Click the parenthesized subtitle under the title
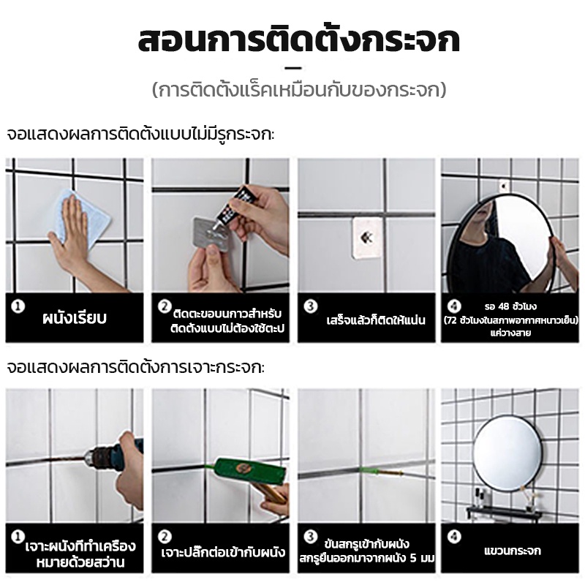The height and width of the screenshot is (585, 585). (299, 90)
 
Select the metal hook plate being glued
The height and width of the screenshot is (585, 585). (211, 234)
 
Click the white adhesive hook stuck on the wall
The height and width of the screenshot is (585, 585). (367, 237)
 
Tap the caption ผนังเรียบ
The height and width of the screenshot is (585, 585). (75, 318)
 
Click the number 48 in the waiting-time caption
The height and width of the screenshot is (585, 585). (503, 306)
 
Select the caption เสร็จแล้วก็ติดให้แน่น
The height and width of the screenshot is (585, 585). (376, 320)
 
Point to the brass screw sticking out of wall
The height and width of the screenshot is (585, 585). (390, 472)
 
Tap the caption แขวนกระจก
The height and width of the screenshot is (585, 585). (513, 551)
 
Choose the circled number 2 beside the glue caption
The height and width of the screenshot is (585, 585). (165, 306)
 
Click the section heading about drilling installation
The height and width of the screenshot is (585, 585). (136, 368)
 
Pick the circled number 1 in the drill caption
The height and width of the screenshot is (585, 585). (17, 537)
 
